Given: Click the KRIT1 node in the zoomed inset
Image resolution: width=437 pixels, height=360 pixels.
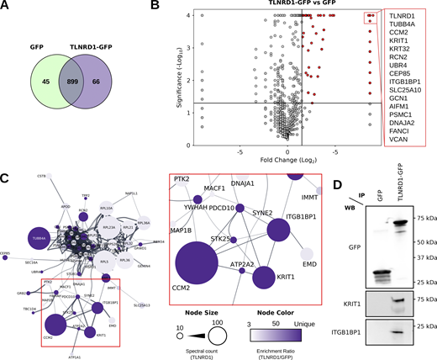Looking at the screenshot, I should click(265, 277).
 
